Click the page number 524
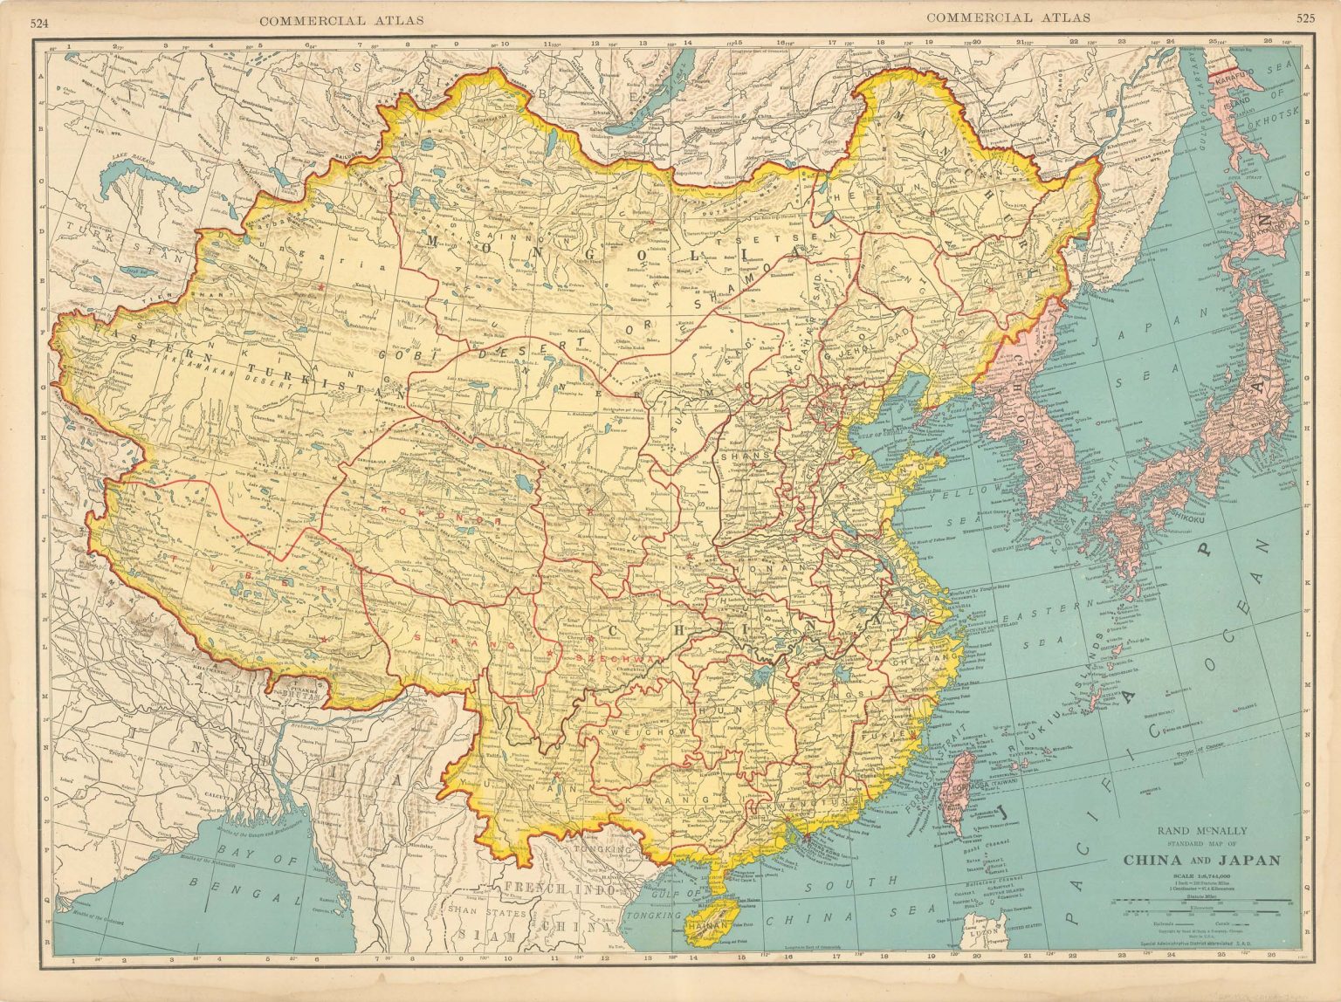pyautogui.click(x=38, y=23)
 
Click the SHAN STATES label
pyautogui.click(x=487, y=913)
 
